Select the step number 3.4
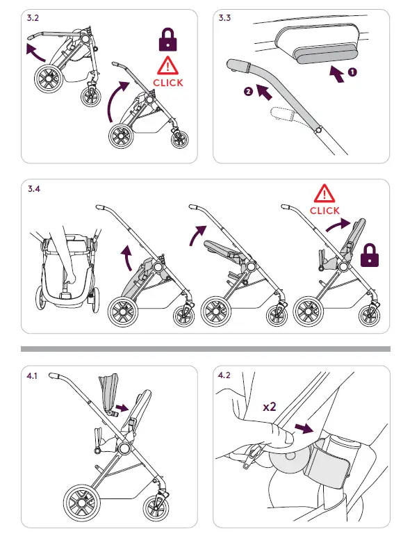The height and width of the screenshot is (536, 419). click(x=33, y=189)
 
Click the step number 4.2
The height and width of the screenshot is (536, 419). click(x=224, y=375)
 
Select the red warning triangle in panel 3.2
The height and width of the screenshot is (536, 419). click(x=167, y=67)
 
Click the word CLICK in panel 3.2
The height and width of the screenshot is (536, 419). click(x=167, y=83)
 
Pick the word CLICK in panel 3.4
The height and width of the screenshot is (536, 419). click(x=324, y=211)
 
